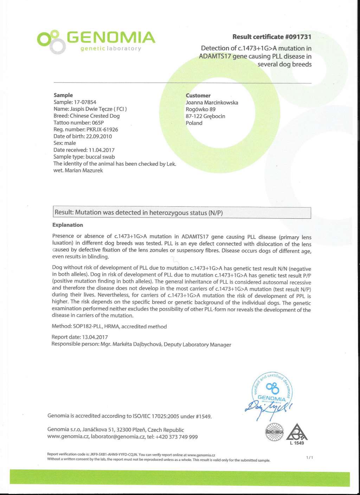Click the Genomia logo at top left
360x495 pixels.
(96, 41)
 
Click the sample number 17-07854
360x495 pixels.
(85, 102)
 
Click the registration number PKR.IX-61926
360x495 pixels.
(102, 129)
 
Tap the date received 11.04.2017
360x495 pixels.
(102, 150)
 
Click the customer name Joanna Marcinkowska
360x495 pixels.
(212, 103)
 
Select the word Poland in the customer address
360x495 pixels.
(194, 123)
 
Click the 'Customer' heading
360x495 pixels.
(198, 96)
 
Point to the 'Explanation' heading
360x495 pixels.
(67, 225)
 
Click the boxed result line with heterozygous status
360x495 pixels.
(181, 213)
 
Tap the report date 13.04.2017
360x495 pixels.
(95, 337)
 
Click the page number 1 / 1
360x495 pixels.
(309, 457)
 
